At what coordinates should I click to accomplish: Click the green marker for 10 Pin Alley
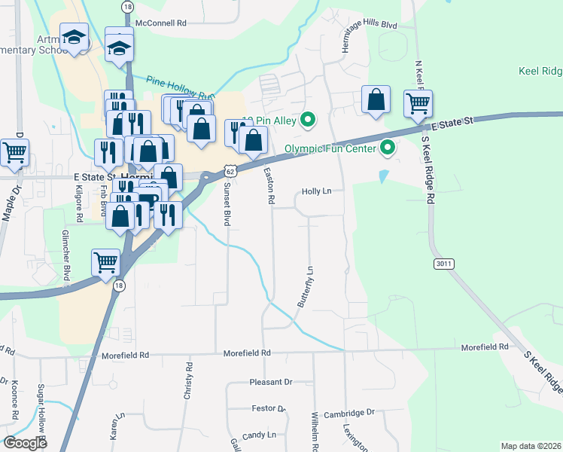tap(308, 119)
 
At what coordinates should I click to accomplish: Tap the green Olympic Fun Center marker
tap(388, 148)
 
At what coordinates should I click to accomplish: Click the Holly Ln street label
tap(316, 191)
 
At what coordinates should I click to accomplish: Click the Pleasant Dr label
tap(270, 383)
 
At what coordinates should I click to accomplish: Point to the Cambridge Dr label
tap(348, 413)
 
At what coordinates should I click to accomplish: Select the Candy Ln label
tap(260, 435)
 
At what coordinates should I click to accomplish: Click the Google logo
tap(25, 443)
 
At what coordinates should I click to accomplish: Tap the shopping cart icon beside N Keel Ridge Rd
tap(418, 104)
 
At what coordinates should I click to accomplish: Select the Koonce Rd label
tap(14, 399)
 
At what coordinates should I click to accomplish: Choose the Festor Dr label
tap(268, 409)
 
